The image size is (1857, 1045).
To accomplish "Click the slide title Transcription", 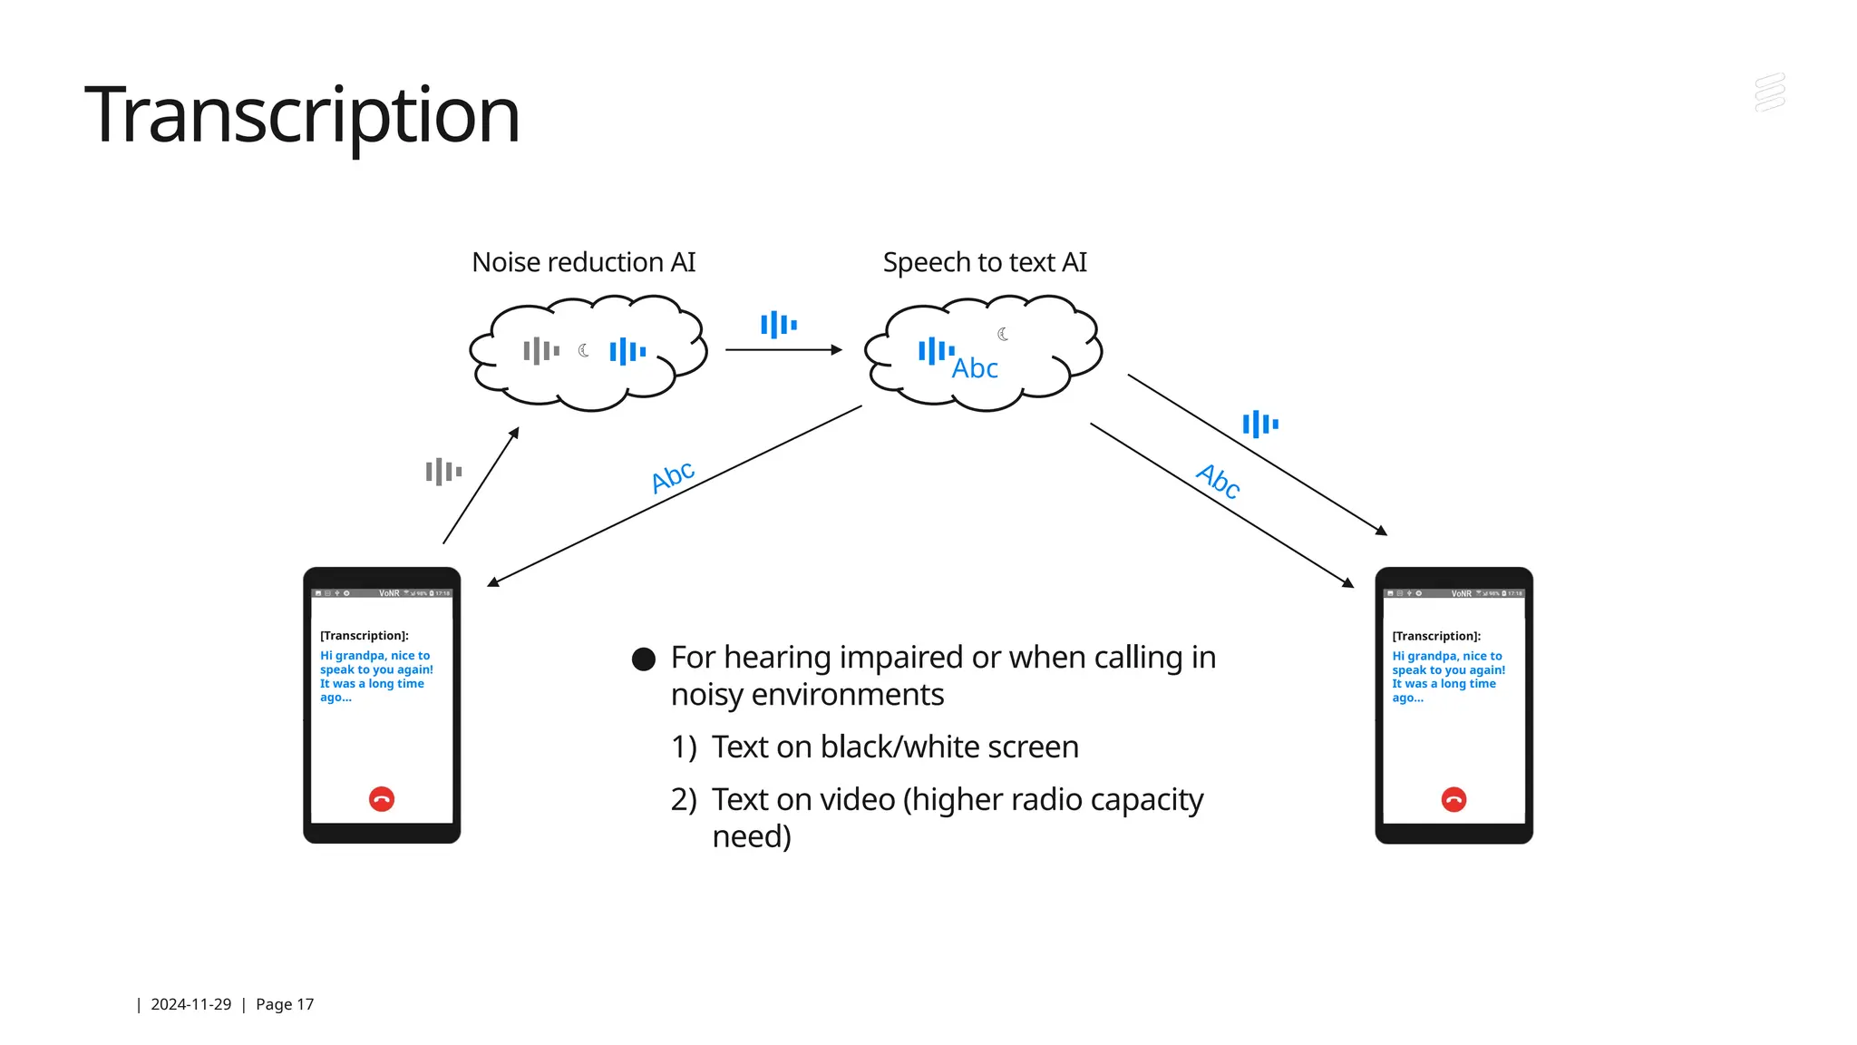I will pyautogui.click(x=301, y=115).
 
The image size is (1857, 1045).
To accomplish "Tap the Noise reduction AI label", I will pyautogui.click(x=583, y=262).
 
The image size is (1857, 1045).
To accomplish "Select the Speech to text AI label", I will pyautogui.click(x=984, y=262).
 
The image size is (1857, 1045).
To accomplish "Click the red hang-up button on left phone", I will pyautogui.click(x=382, y=799).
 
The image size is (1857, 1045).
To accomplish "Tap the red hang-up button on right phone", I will pyautogui.click(x=1454, y=799).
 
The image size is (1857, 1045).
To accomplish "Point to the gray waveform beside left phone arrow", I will pyautogui.click(x=443, y=472).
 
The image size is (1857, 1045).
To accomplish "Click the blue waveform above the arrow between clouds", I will pyautogui.click(x=778, y=324).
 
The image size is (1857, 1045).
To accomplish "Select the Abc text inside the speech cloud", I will pyautogui.click(x=975, y=368).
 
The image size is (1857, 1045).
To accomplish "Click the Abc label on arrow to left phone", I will pyautogui.click(x=673, y=476).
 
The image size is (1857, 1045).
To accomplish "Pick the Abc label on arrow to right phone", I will pyautogui.click(x=1218, y=481).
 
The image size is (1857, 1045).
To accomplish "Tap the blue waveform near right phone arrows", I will pyautogui.click(x=1259, y=424).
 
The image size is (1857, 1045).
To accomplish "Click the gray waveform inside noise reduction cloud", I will pyautogui.click(x=541, y=350).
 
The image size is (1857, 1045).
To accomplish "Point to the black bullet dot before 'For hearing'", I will pyautogui.click(x=643, y=659).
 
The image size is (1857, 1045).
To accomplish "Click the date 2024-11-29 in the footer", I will pyautogui.click(x=190, y=1004).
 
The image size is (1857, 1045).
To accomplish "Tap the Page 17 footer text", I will pyautogui.click(x=284, y=1004).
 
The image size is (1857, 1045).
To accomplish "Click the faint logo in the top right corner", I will pyautogui.click(x=1769, y=93).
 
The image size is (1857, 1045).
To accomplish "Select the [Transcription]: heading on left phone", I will pyautogui.click(x=364, y=636).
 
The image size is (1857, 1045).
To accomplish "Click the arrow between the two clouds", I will pyautogui.click(x=783, y=350).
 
